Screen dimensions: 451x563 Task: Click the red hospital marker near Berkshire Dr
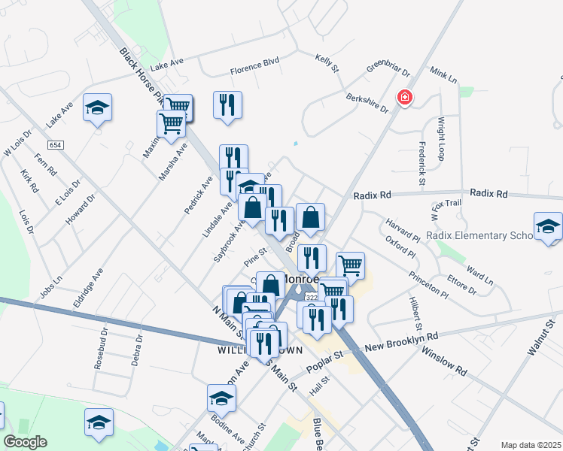[x=405, y=98]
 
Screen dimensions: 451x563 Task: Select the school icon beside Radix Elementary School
[x=548, y=226]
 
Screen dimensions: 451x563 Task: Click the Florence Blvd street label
[x=254, y=70]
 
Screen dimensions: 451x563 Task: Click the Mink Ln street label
[x=443, y=75]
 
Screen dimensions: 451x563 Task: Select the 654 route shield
[x=56, y=144]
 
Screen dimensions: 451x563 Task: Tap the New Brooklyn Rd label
[x=401, y=343]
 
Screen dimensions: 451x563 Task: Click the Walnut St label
[x=540, y=336]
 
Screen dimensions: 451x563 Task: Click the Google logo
[x=26, y=442]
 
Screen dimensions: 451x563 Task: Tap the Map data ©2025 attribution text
[x=531, y=445]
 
